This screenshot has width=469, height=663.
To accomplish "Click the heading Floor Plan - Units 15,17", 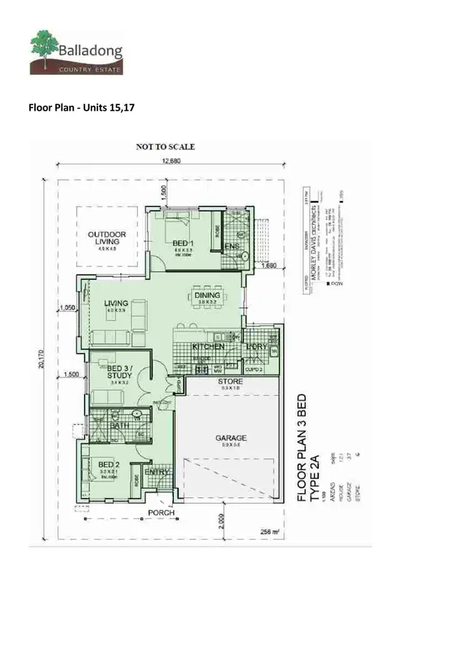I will tap(82, 107).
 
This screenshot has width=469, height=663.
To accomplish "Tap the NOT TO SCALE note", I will tap(166, 146).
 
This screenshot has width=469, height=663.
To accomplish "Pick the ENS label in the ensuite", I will tap(232, 248).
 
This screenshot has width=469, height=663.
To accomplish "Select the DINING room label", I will tap(207, 295).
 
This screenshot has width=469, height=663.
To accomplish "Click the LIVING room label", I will tap(116, 303).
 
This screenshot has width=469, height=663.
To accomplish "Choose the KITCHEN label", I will tap(208, 346).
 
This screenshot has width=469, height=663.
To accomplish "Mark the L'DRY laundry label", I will tap(257, 346).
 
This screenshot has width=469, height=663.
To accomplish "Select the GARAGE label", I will tap(231, 438).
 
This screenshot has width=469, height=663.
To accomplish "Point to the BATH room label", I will tap(119, 426).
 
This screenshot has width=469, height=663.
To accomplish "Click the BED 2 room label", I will tap(109, 464).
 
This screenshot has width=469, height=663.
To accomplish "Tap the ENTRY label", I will tap(156, 472).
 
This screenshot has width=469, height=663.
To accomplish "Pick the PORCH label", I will tap(161, 513).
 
